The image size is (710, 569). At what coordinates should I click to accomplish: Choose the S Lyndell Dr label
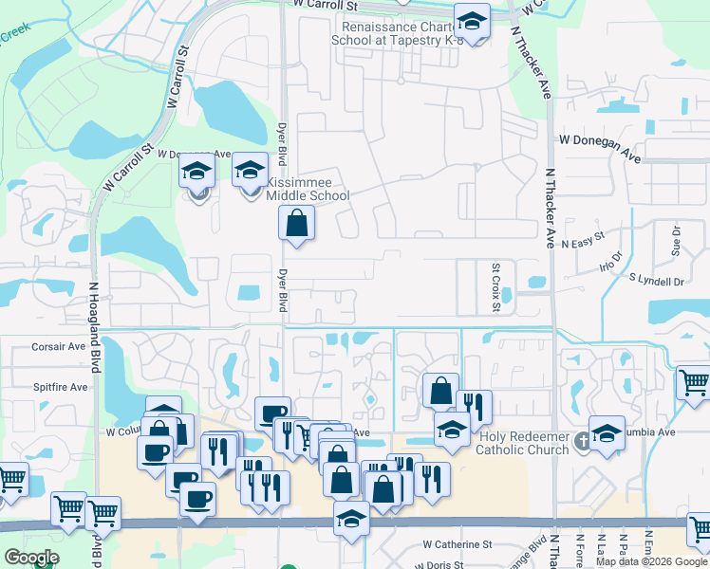pos(656,282)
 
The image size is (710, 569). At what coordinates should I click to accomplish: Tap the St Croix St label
pos(495,281)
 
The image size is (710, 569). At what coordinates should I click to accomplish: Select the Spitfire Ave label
pos(61,387)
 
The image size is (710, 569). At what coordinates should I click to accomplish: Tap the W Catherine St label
pos(458,544)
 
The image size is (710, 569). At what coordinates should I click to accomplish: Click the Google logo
pos(31,558)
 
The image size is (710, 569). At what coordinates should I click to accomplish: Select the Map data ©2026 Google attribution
pos(651,561)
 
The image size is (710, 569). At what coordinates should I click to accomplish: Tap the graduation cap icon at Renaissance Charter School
pos(471,20)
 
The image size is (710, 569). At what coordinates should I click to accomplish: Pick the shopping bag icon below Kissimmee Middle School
pos(296,225)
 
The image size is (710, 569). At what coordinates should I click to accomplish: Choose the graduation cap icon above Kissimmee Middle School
pos(250,171)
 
